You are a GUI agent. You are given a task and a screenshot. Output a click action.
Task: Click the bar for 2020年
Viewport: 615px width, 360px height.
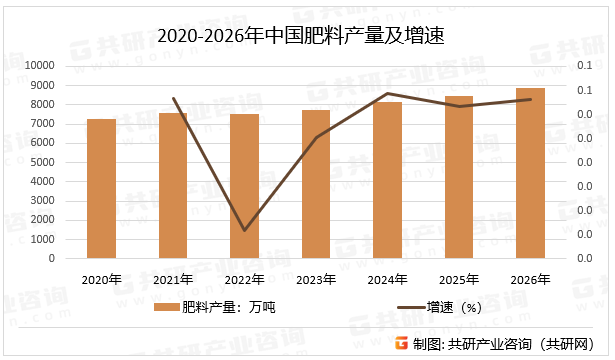point(101,189)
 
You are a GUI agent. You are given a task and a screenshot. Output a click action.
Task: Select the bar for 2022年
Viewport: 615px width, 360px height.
point(244,186)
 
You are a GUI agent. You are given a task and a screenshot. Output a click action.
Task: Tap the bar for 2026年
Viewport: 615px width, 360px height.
point(530,173)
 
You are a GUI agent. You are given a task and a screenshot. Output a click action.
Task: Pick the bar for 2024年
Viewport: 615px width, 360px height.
point(387,180)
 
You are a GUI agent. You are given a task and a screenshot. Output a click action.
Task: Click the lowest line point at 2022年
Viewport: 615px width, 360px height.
point(244,231)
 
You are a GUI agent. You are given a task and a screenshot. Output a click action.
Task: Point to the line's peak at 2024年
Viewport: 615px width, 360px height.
point(387,94)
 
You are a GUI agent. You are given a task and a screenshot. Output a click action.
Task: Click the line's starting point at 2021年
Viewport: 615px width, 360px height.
point(173,98)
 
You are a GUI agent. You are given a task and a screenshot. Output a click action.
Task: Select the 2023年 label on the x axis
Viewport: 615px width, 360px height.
point(316,279)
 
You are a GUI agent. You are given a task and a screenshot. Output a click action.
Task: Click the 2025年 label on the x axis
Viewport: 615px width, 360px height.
point(458,279)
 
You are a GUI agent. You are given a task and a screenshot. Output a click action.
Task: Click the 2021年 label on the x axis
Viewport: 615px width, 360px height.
point(173,279)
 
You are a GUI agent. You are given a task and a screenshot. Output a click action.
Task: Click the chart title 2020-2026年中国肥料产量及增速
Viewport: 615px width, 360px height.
point(307,35)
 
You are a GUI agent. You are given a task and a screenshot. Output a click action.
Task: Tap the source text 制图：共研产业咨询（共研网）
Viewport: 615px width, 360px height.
point(510,343)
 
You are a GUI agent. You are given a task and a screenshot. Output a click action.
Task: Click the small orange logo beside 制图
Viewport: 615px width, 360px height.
point(402,343)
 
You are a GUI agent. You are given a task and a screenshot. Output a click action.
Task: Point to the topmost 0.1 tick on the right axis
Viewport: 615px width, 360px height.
point(585,65)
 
